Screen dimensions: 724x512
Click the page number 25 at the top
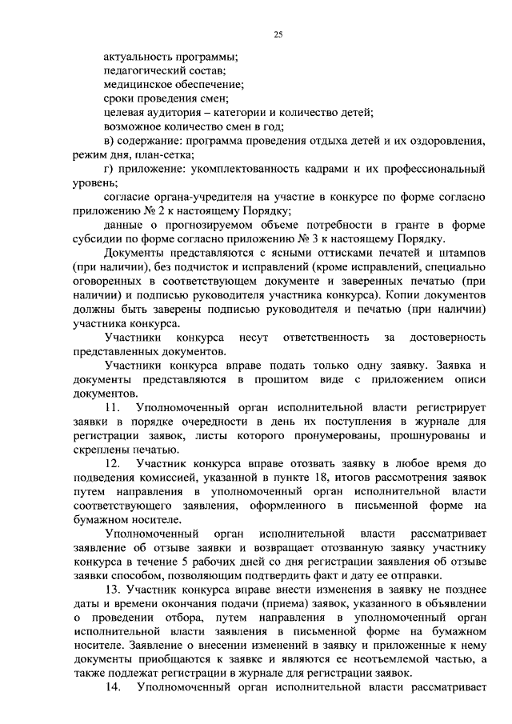click(277, 33)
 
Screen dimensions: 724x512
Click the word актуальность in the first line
click(138, 57)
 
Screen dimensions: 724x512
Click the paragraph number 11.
click(112, 408)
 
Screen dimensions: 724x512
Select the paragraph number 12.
click(112, 464)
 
